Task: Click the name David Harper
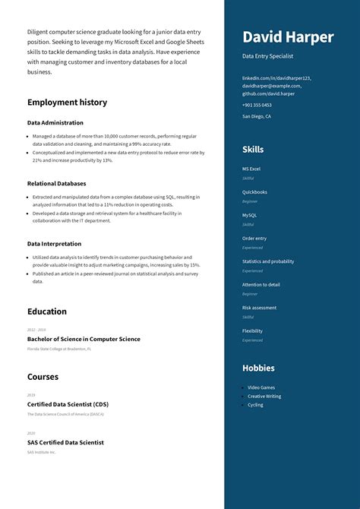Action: pos(288,37)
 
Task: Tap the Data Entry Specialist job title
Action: pos(267,56)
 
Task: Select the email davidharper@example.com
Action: pos(271,86)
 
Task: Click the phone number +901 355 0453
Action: pos(257,105)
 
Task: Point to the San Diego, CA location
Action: pos(257,116)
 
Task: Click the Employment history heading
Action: pos(67,103)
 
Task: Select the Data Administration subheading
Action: pos(55,122)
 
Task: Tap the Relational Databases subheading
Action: pos(56,183)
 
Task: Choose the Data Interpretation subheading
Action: pos(54,244)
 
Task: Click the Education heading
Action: pos(47,311)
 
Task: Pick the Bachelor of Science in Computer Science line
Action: pos(84,339)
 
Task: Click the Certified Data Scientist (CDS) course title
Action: pos(68,404)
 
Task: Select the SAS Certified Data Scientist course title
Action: pos(65,442)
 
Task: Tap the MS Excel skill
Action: pos(251,169)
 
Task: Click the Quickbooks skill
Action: pos(254,192)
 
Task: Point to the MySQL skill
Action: pos(250,215)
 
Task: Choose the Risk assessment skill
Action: pos(259,308)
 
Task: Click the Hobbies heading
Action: pos(258,368)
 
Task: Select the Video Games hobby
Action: pos(261,387)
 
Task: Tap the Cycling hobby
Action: pos(255,405)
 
